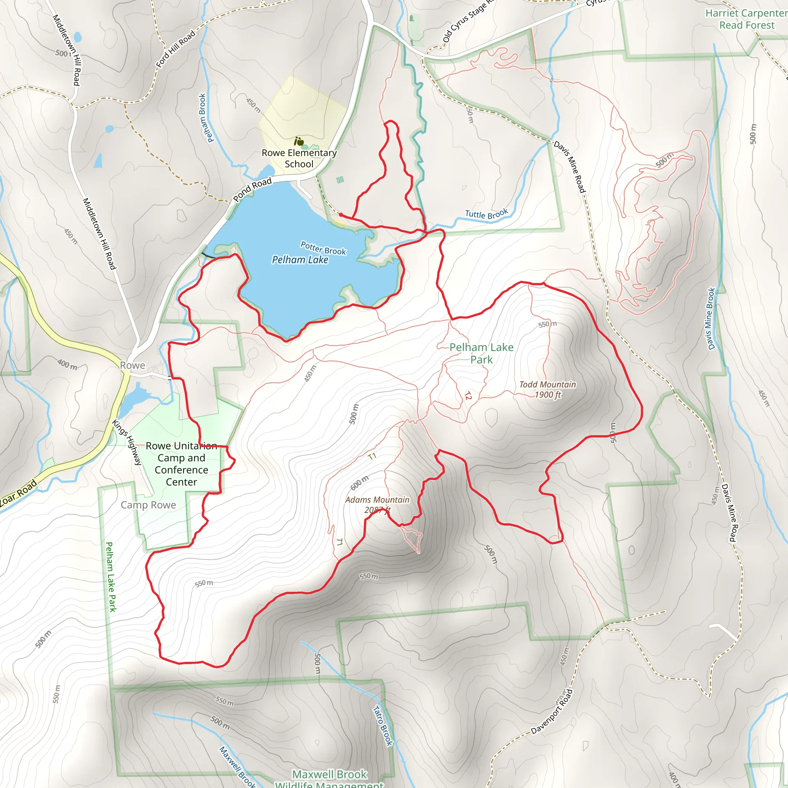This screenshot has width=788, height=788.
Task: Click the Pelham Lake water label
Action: (x=300, y=260)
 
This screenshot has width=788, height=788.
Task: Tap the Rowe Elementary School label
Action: (x=299, y=158)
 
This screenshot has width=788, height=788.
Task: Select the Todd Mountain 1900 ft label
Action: (x=548, y=389)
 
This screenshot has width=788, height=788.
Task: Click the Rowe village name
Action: (x=133, y=366)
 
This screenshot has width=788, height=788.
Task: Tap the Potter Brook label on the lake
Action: (x=323, y=248)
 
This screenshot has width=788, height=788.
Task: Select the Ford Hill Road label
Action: (x=175, y=49)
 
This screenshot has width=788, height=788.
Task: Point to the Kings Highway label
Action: (x=127, y=442)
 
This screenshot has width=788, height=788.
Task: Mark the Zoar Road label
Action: (x=18, y=494)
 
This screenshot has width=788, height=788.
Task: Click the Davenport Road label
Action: (x=552, y=712)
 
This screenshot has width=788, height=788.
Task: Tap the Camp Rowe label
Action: (x=149, y=505)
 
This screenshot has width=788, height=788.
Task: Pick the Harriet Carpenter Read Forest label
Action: (x=746, y=19)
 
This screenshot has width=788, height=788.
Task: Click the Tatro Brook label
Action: (x=383, y=726)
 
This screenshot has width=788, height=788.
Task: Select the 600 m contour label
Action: (x=359, y=482)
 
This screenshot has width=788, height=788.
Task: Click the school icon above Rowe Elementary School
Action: (x=299, y=142)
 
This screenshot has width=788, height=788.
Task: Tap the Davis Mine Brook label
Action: (x=711, y=319)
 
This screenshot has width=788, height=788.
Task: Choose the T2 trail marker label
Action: (x=468, y=395)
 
